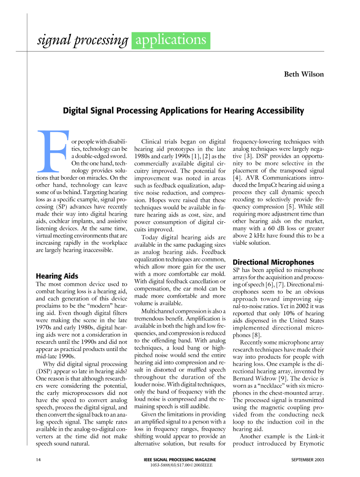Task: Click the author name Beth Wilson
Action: tap(304, 74)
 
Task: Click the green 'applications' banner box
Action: tap(171, 41)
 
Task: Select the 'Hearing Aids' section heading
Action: tap(57, 276)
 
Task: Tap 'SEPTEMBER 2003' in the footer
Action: tap(307, 459)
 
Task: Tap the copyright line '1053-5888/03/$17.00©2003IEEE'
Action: tap(180, 465)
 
